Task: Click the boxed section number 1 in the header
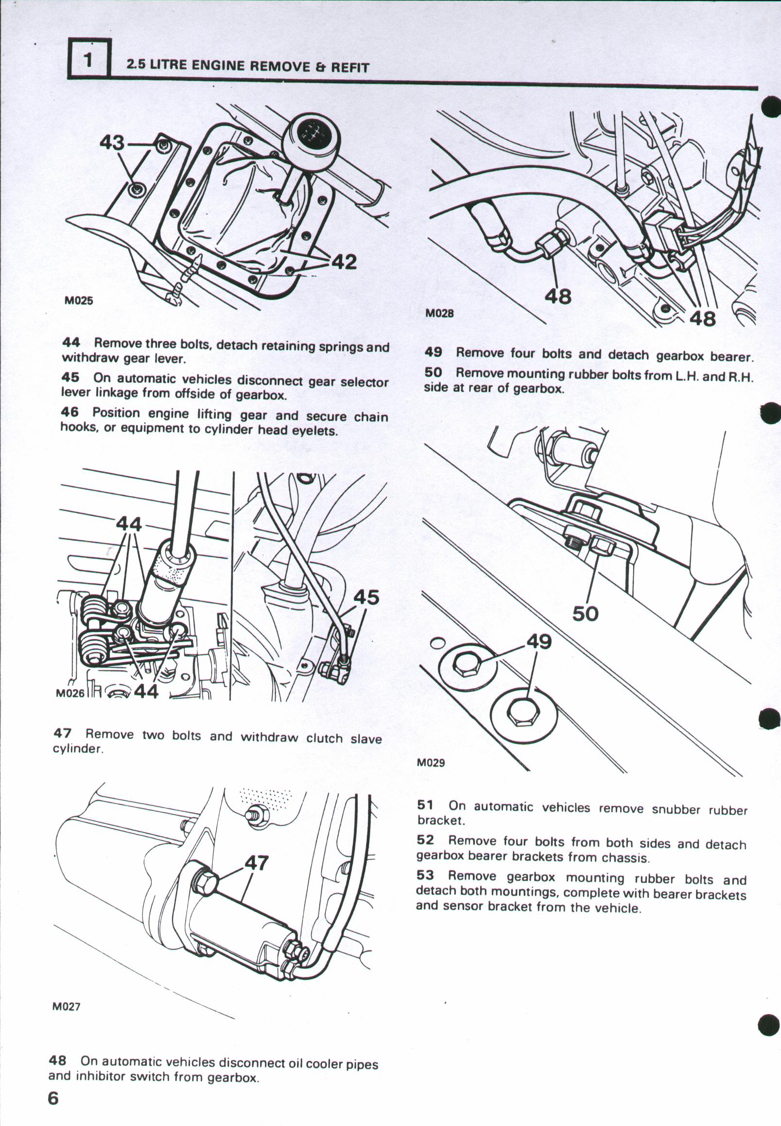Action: (x=88, y=59)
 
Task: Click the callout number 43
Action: (x=112, y=143)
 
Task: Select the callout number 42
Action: (x=344, y=262)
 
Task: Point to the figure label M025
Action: (x=79, y=300)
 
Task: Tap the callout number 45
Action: (x=366, y=597)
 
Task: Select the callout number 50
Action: (x=585, y=614)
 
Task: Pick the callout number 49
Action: (x=539, y=641)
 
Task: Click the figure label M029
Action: (x=431, y=763)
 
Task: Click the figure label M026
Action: (x=70, y=693)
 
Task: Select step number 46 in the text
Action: (x=69, y=412)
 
